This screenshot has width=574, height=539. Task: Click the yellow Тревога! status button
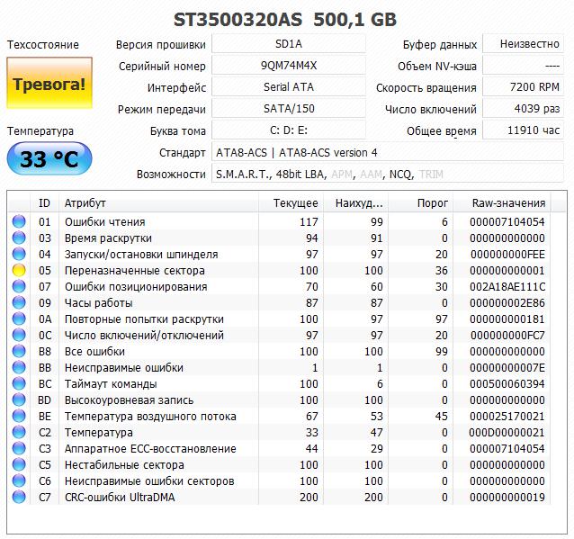point(49,85)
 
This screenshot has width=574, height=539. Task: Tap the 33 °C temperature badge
point(49,159)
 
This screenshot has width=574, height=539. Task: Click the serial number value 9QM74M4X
point(289,66)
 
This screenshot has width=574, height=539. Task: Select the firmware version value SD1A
point(289,44)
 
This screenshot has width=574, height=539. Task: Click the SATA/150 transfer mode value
point(289,109)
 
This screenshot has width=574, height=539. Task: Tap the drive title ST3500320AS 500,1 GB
point(285,19)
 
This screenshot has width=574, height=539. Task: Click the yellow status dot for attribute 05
point(19,270)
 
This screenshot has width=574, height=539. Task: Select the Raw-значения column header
point(508,203)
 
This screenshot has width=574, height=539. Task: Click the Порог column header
point(433,203)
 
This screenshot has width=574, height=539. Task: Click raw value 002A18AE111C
point(508,286)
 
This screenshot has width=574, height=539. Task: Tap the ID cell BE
point(45,416)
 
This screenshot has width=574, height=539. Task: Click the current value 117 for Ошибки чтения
point(308,221)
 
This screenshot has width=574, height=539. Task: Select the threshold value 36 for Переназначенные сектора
point(440,270)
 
